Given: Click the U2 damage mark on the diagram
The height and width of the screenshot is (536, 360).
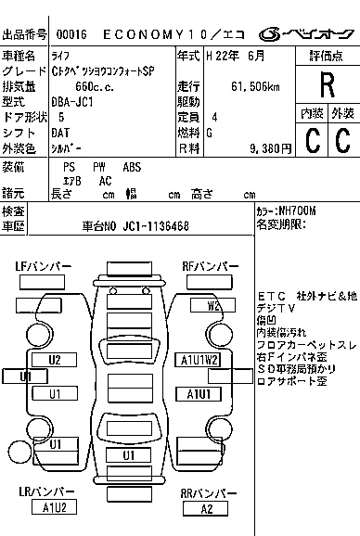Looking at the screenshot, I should (x=55, y=360).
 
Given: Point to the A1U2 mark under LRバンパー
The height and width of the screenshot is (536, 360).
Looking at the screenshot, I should (x=55, y=507).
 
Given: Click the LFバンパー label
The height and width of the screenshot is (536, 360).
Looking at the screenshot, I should (x=43, y=267).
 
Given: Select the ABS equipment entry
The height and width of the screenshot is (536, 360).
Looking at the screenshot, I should (x=132, y=166).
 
